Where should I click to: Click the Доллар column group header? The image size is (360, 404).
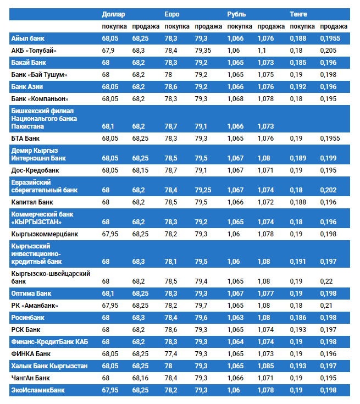tap(114, 14)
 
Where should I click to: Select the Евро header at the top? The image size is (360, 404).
tap(172, 14)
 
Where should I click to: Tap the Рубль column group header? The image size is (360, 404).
tap(237, 14)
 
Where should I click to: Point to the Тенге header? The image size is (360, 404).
tap(299, 14)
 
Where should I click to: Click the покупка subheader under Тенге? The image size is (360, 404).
tap(302, 26)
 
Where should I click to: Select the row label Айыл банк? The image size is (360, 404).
tap(28, 38)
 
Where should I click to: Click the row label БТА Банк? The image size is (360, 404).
tap(26, 139)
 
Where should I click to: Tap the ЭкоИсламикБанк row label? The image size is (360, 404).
tap(38, 390)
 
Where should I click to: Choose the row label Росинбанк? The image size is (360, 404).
tap(28, 318)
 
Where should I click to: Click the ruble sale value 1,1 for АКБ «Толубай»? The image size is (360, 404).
tap(262, 51)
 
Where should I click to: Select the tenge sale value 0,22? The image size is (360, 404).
tap(326, 281)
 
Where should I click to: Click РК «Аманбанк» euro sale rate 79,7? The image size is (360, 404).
tap(201, 306)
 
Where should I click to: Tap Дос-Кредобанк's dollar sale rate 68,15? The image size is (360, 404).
tap(141, 170)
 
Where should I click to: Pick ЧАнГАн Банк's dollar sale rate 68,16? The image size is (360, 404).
tap(141, 378)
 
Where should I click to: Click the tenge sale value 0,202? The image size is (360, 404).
tap(328, 190)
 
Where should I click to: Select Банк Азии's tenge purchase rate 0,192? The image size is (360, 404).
tap(298, 87)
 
